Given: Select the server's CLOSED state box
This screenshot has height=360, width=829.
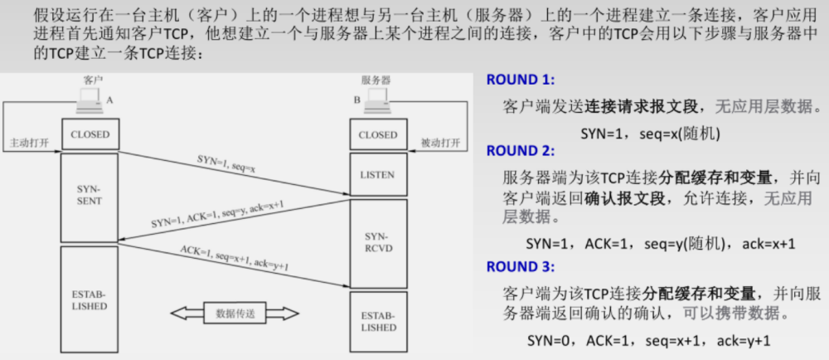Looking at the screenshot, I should (378, 134).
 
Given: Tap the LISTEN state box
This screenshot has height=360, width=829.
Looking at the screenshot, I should (378, 175).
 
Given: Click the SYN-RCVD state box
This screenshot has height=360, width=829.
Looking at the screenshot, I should (378, 242).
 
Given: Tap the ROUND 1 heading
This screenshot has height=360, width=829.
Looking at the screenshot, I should (520, 80).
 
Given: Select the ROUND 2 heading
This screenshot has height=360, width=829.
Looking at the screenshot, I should (520, 151).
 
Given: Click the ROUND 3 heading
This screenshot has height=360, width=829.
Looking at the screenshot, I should (520, 267).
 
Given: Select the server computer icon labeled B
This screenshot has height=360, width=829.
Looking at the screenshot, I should (378, 100).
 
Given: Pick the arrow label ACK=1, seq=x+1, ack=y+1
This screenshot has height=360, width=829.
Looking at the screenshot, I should (235, 257).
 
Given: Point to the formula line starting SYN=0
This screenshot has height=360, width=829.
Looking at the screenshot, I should (649, 341).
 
